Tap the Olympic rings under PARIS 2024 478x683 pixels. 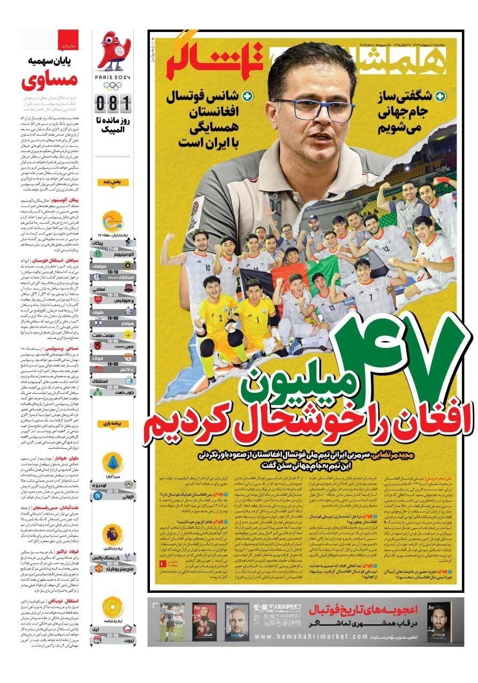click(113, 85)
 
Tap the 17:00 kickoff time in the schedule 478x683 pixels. click(113, 249)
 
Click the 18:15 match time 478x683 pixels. click(113, 295)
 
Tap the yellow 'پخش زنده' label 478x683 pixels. click(113, 182)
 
